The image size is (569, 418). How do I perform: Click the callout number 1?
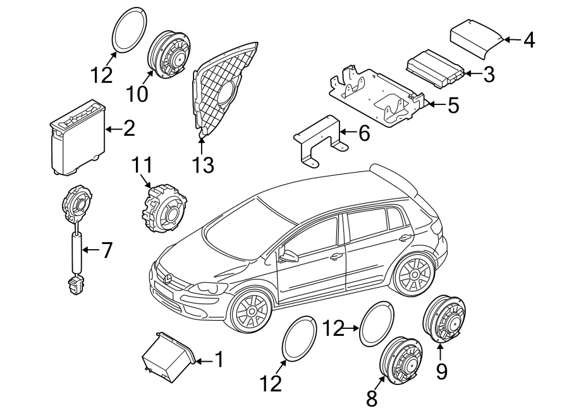point(219,360)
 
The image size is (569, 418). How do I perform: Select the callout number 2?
point(128,129)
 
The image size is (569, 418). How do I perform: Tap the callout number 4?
point(529,40)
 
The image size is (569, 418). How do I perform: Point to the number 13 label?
point(204,165)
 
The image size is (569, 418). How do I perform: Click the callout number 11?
point(142,166)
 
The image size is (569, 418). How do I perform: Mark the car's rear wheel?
point(413,275)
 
